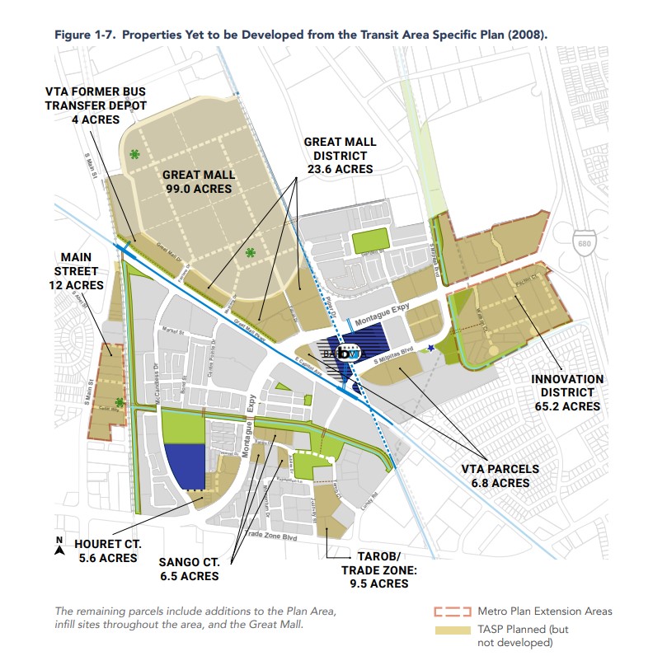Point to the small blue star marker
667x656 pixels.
point(431,347)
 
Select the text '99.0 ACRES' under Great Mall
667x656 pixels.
point(199,189)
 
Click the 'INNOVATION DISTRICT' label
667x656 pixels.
point(567,385)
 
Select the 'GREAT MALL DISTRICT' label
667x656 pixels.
point(340,148)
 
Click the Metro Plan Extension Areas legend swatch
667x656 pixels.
point(451,611)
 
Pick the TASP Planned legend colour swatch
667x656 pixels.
point(451,630)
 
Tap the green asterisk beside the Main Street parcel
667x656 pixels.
point(120,402)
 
